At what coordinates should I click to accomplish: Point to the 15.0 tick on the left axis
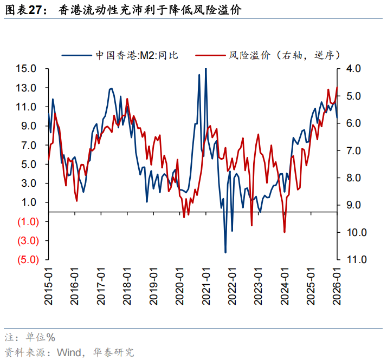click(x=26, y=69)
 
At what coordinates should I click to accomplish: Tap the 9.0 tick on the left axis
click(x=29, y=126)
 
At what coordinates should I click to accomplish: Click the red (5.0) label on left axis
click(x=26, y=260)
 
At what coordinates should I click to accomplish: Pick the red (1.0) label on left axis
click(x=26, y=221)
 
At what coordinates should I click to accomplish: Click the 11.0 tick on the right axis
click(x=352, y=260)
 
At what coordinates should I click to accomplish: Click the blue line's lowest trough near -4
click(x=225, y=252)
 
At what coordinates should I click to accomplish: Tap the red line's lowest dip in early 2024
click(x=285, y=232)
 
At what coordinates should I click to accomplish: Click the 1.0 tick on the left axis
click(x=29, y=202)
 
